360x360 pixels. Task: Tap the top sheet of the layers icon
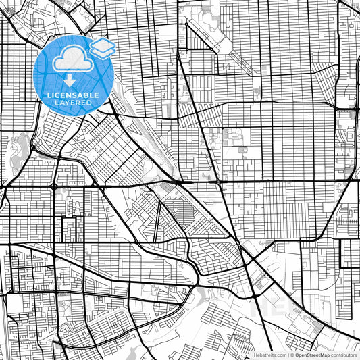(102, 44)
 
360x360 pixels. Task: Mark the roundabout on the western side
(54, 185)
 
